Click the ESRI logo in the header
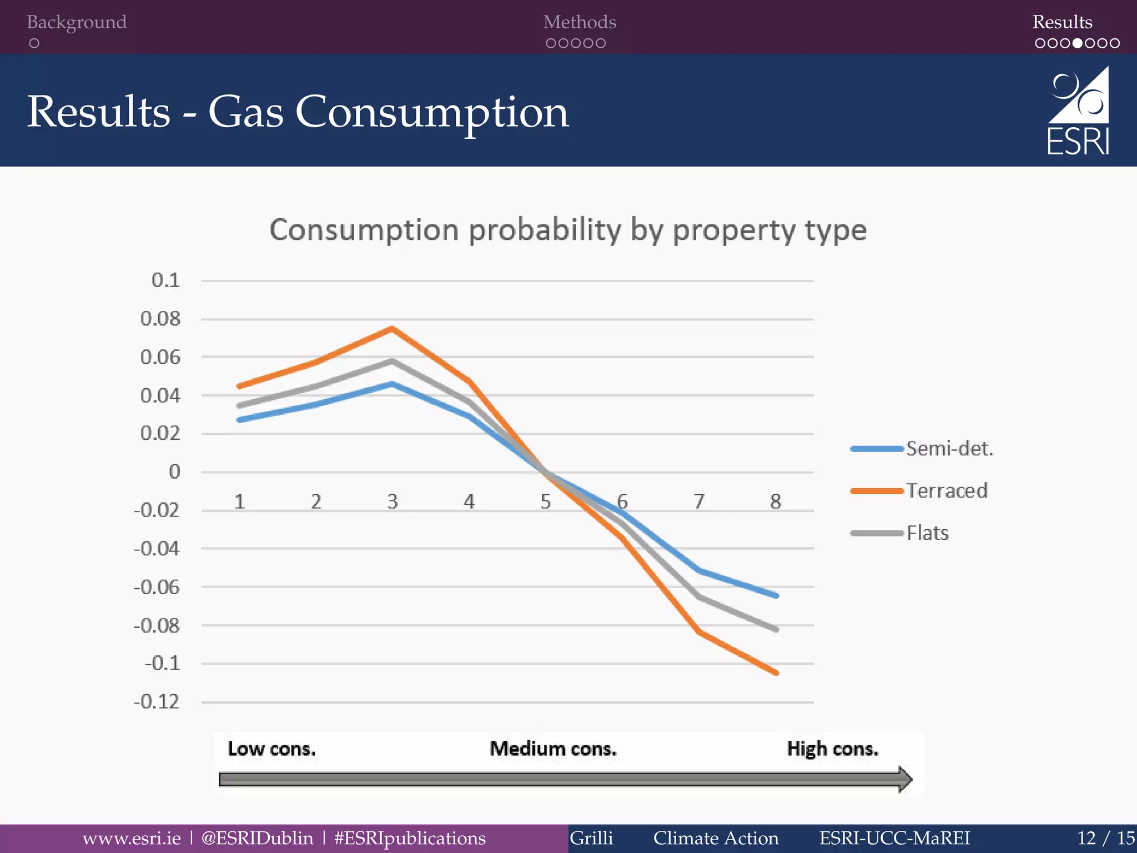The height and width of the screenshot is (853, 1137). (1078, 111)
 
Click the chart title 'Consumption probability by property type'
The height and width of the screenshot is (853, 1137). (567, 230)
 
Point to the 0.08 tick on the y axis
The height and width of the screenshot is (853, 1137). (160, 319)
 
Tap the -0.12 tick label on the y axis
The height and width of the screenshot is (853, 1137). (157, 702)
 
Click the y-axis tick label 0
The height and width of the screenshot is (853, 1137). (174, 472)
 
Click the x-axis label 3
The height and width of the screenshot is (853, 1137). (393, 502)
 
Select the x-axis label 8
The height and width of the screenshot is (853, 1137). (776, 502)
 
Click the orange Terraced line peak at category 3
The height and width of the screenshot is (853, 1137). (393, 329)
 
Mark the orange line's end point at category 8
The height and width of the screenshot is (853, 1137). (776, 673)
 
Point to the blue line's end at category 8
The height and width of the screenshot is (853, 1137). (776, 595)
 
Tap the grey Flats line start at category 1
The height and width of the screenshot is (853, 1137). (239, 405)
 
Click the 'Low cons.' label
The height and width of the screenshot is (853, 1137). (271, 749)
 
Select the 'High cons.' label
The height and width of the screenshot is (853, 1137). (832, 749)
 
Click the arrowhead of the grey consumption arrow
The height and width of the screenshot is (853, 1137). (905, 779)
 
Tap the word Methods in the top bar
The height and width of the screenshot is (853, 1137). (580, 22)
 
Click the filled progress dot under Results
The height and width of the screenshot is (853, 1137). (1077, 43)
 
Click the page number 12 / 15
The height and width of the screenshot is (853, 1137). (1105, 838)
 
